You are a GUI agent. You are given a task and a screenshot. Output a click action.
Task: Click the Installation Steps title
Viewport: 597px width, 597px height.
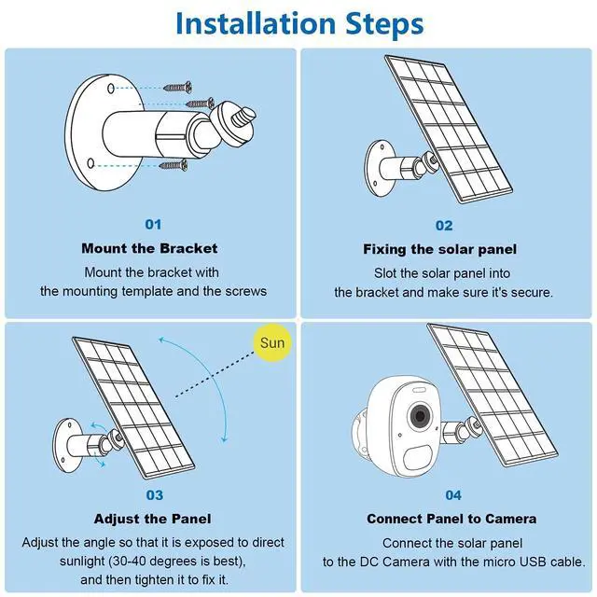(299, 23)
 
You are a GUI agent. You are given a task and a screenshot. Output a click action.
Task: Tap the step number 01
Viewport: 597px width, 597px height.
(153, 224)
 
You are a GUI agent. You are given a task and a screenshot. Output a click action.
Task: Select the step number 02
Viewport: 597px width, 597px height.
(444, 226)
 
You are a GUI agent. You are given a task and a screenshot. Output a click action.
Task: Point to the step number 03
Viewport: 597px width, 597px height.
(154, 495)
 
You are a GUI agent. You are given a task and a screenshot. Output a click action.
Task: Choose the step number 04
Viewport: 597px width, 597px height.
(453, 495)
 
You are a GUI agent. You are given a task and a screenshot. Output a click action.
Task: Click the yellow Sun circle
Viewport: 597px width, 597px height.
(271, 342)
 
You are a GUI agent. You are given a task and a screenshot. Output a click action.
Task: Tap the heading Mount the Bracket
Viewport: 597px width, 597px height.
(149, 248)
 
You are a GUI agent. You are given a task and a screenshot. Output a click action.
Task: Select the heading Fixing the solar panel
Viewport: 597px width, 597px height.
(439, 249)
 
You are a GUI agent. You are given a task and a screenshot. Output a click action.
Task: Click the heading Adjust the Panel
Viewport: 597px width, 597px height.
(152, 519)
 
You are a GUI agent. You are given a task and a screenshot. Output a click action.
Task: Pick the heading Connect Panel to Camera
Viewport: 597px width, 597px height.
(451, 519)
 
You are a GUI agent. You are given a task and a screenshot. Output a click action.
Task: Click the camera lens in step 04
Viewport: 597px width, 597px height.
(420, 416)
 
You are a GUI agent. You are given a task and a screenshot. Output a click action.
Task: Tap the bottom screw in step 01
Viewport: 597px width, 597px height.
(174, 165)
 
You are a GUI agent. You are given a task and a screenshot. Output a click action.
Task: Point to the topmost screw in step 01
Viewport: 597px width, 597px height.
(177, 88)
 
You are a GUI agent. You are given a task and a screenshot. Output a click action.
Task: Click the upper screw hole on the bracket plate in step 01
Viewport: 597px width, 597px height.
(111, 89)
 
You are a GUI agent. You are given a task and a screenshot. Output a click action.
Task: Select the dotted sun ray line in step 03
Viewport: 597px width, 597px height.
(215, 375)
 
